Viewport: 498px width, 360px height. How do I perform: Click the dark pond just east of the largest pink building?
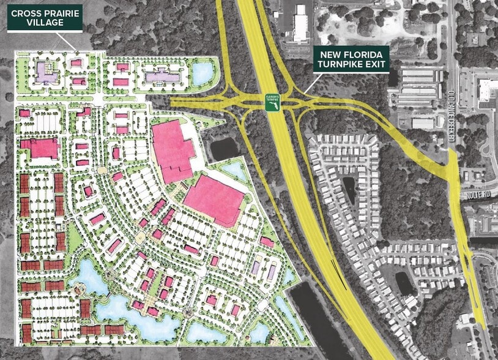coord(224,148)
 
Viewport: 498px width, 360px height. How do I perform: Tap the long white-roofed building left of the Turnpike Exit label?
coord(300,24)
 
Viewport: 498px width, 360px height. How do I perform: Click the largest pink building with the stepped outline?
coord(171,149)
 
